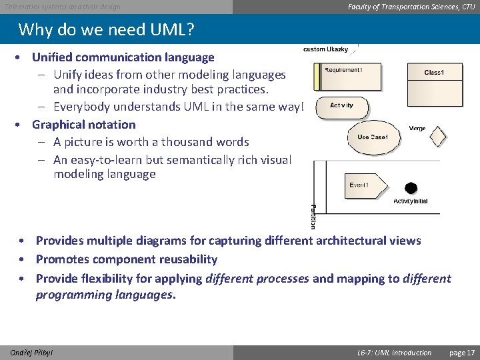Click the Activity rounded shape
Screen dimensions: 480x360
(x=342, y=106)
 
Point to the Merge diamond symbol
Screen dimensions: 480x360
(x=437, y=137)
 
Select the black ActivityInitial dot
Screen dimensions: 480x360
(x=411, y=189)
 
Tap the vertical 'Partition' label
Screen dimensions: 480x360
(x=313, y=217)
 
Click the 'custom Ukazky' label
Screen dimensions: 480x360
(x=325, y=50)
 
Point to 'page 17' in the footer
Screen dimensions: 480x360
(x=461, y=353)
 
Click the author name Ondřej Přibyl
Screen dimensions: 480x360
(x=31, y=353)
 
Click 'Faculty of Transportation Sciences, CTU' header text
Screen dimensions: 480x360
(x=411, y=7)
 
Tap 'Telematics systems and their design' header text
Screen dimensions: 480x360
(x=63, y=7)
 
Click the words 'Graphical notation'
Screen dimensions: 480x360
(x=83, y=125)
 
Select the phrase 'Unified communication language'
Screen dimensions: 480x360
(x=123, y=58)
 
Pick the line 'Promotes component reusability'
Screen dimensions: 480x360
(x=127, y=259)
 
